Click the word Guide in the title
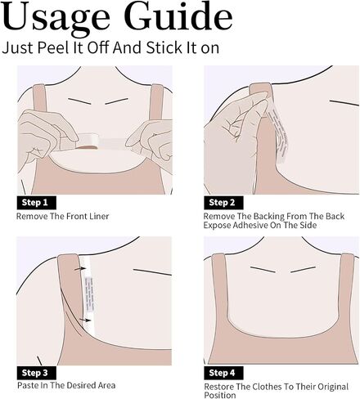[x=178, y=16]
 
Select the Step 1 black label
[x=37, y=203]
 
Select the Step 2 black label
[x=223, y=203]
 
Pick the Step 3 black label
[x=37, y=373]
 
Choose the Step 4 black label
[x=223, y=373]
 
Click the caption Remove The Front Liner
[x=63, y=217]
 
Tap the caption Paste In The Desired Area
[x=66, y=385]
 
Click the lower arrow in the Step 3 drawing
[x=85, y=320]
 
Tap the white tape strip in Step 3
[x=88, y=297]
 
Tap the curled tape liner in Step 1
[x=88, y=141]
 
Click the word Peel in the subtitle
[x=54, y=47]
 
